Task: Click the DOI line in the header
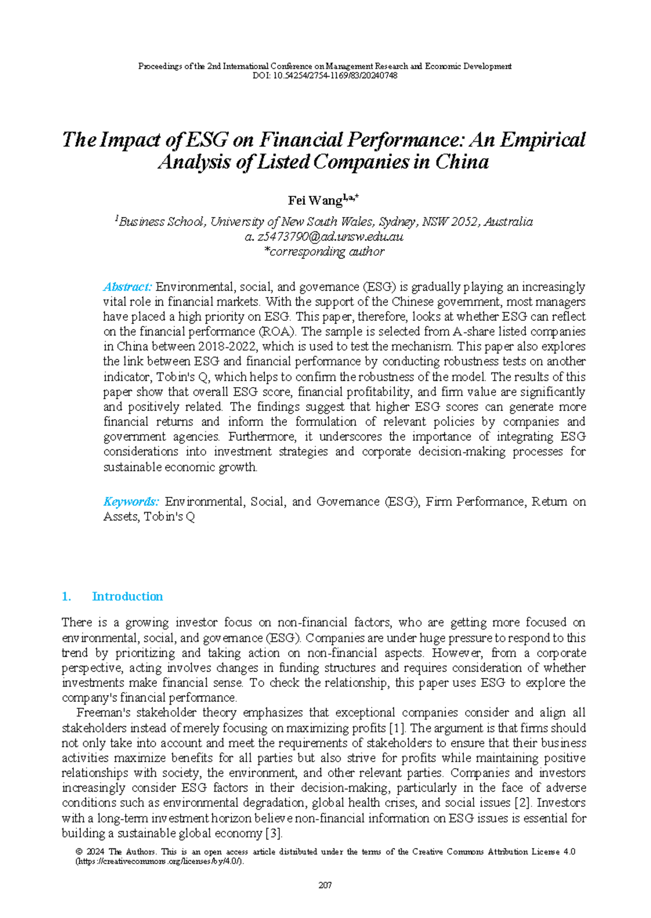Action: pos(325,75)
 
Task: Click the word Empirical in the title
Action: pos(542,140)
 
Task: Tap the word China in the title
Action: pos(462,162)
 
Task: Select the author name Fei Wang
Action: pos(315,201)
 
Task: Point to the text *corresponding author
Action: pos(324,251)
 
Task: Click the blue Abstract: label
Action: pos(127,287)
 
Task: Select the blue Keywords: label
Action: pos(131,502)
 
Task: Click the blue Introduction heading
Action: pos(127,596)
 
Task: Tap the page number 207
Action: pos(325,885)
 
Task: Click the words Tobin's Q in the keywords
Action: pos(169,517)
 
